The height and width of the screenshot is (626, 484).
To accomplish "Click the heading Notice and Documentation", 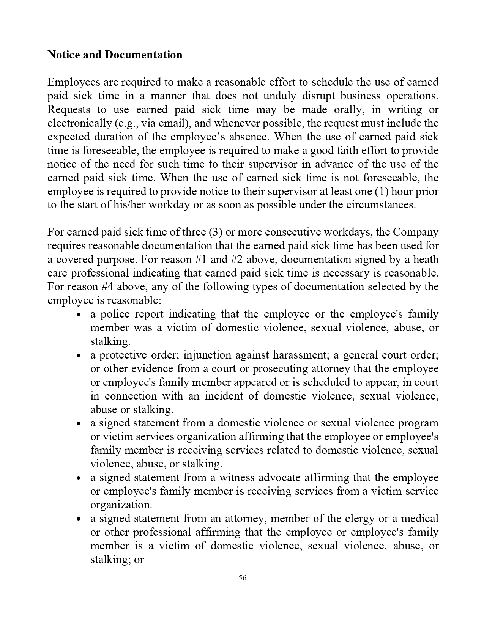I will [115, 55].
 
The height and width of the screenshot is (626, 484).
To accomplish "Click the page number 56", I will [243, 578].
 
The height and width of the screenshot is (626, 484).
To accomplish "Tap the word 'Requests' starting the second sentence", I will [69, 110].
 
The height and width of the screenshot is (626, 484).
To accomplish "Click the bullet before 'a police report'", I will [79, 315].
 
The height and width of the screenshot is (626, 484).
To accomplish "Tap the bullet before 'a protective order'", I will [79, 356].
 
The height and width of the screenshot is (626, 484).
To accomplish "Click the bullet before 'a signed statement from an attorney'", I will [79, 519].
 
